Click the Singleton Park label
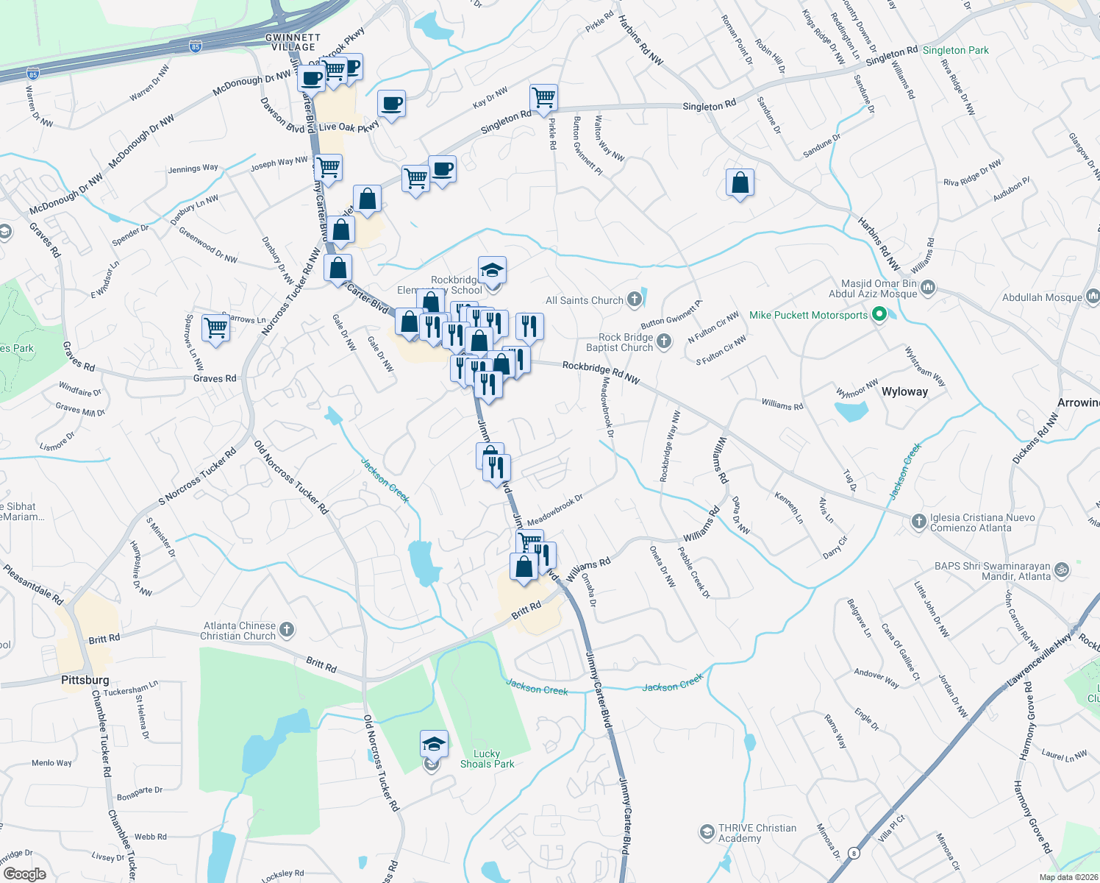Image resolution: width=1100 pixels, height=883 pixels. pyautogui.click(x=955, y=50)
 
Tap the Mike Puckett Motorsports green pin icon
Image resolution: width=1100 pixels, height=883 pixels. pyautogui.click(x=878, y=315)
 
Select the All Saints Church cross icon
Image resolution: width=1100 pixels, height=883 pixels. pyautogui.click(x=635, y=299)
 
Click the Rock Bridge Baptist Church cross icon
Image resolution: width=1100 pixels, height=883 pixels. pyautogui.click(x=664, y=341)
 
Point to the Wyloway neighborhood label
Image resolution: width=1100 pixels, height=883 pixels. pyautogui.click(x=904, y=391)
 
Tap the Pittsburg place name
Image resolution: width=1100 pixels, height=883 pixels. pyautogui.click(x=85, y=680)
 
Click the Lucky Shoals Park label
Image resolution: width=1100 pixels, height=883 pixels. pyautogui.click(x=487, y=759)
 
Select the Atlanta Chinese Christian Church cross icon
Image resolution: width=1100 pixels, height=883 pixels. pyautogui.click(x=287, y=629)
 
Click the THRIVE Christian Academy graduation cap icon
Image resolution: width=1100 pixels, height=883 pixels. pyautogui.click(x=707, y=832)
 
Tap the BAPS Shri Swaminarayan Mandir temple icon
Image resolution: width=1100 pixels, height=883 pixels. pyautogui.click(x=1061, y=570)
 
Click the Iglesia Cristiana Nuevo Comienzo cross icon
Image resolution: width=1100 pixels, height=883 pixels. pyautogui.click(x=918, y=522)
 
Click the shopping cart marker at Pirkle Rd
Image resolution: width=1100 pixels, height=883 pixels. pyautogui.click(x=543, y=96)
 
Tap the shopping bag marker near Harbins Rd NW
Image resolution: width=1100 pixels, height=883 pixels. pyautogui.click(x=740, y=182)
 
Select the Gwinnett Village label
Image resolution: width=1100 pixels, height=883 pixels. pyautogui.click(x=293, y=42)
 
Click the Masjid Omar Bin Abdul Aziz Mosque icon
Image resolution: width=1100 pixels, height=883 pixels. pyautogui.click(x=928, y=287)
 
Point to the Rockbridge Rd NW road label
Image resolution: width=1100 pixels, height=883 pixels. pyautogui.click(x=601, y=372)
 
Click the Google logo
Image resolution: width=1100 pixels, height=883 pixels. pyautogui.click(x=24, y=874)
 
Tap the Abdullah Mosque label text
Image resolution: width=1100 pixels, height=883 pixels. pyautogui.click(x=1042, y=297)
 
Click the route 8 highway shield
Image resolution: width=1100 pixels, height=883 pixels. pyautogui.click(x=853, y=854)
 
